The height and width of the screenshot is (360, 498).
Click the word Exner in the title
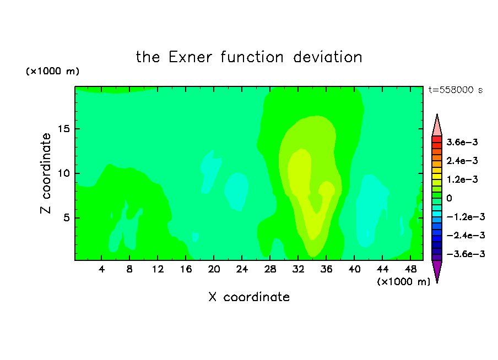coord(190,57)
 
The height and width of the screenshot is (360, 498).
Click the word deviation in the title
coord(328,57)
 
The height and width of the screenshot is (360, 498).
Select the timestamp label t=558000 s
coord(456,90)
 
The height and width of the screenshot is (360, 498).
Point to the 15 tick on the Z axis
coord(63,129)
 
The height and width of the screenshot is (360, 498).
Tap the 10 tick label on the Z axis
coord(63,173)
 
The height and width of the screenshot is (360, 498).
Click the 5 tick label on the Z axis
coord(66,218)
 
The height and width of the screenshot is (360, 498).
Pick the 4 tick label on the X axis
coord(101,269)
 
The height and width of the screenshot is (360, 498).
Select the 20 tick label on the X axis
coord(214,269)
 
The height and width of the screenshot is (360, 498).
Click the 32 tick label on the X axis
coord(298,269)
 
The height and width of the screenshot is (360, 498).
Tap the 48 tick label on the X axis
coord(410,269)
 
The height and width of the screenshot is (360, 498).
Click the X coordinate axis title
coord(249,297)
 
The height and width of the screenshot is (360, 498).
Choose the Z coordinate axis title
coord(46,173)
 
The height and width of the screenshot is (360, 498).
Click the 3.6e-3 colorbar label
coord(462,142)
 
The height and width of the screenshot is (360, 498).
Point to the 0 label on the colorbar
coord(449,198)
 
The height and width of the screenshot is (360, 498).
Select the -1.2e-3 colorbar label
coord(465,217)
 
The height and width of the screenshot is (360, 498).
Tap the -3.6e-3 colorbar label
coord(465,254)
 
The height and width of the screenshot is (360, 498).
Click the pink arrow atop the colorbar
coord(437,125)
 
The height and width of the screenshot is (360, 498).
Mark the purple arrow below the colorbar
coord(437,271)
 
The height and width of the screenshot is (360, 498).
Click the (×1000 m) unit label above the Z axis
coord(52,71)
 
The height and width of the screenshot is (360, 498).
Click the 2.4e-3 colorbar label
coord(462,161)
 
